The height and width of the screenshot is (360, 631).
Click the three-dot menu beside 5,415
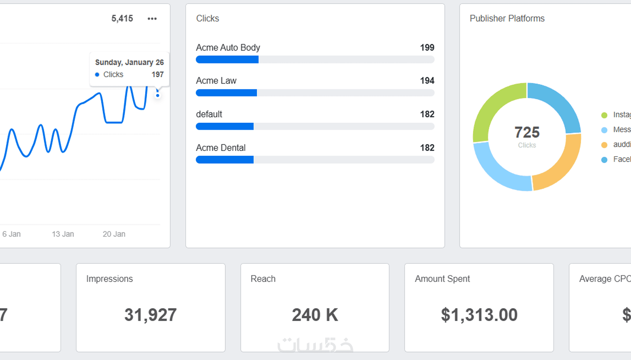coord(152,19)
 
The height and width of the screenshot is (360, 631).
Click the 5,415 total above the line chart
coord(122,19)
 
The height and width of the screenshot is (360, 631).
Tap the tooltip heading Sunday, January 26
coord(129,62)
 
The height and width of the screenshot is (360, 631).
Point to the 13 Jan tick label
coord(63,234)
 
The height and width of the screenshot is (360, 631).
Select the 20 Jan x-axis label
coord(114,234)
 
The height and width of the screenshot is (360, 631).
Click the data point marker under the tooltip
coord(158,95)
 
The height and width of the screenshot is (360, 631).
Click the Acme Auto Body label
coord(228,48)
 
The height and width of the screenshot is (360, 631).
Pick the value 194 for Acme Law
coord(427,81)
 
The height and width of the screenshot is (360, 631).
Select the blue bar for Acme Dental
coord(225,160)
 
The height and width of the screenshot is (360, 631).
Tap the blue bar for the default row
coord(225,127)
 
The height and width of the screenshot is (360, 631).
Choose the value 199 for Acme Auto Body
coord(427,48)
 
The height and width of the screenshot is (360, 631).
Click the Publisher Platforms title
coord(507,19)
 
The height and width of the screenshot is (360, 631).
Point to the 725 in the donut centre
coord(527,132)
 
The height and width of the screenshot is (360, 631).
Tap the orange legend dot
coord(604,145)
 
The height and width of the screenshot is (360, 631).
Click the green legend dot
coord(604,115)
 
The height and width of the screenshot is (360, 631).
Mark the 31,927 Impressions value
coord(150,315)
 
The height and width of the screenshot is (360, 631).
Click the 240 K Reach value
coord(315,315)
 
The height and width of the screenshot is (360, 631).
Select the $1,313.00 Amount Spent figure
coord(479,315)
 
